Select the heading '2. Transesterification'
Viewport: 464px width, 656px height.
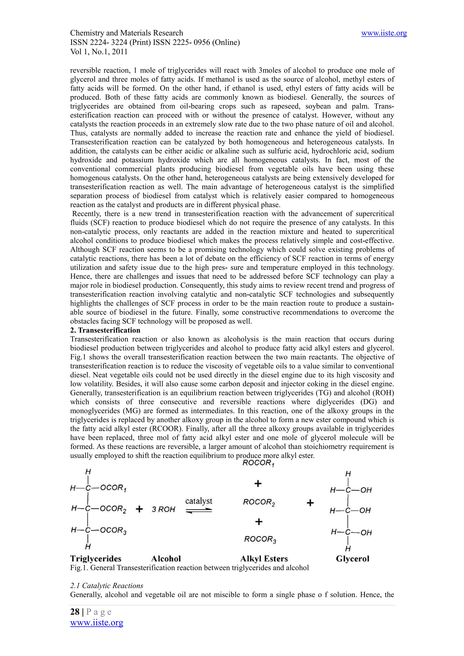click(x=105, y=330)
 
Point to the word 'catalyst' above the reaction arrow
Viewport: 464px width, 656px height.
click(x=199, y=501)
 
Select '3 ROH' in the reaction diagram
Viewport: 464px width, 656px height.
click(x=163, y=509)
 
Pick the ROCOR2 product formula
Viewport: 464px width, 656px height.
click(x=259, y=502)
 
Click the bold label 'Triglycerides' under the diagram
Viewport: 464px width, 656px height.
click(x=96, y=559)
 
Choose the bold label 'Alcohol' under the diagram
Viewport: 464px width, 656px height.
click(x=166, y=559)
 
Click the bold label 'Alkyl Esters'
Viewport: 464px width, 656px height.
click(x=264, y=559)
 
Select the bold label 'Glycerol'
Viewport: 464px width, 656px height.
click(x=353, y=559)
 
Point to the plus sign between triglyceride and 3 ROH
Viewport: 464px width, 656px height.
click(x=139, y=509)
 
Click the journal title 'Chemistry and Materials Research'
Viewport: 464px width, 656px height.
click(x=126, y=33)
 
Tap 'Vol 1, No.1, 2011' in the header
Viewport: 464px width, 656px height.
click(x=99, y=52)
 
